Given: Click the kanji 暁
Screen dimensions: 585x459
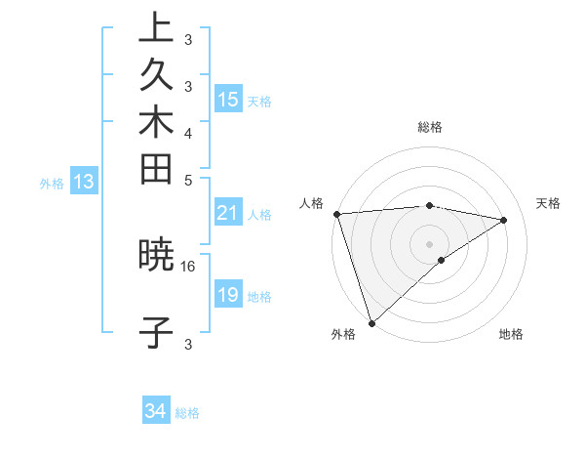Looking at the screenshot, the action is pyautogui.click(x=157, y=256).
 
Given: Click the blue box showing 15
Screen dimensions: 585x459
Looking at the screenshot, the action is pyautogui.click(x=228, y=99).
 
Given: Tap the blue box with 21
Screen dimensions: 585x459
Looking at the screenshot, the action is pyautogui.click(x=228, y=213).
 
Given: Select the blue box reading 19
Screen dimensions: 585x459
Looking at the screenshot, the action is pyautogui.click(x=228, y=295).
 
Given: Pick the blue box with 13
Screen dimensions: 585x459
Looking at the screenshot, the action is pyautogui.click(x=84, y=181).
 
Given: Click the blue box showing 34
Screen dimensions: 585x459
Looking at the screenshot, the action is pyautogui.click(x=156, y=411).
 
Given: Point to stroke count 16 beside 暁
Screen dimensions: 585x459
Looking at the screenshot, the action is pyautogui.click(x=188, y=266).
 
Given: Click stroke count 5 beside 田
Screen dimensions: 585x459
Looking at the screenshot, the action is pyautogui.click(x=188, y=180).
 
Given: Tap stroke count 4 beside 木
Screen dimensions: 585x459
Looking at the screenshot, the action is pyautogui.click(x=188, y=132).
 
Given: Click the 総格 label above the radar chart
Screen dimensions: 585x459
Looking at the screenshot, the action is pyautogui.click(x=430, y=127).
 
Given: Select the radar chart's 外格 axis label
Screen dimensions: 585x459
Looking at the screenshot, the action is pyautogui.click(x=343, y=334).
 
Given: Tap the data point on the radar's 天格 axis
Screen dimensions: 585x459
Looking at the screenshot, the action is pyautogui.click(x=504, y=220).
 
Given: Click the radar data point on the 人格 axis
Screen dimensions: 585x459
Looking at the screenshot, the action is pyautogui.click(x=336, y=214).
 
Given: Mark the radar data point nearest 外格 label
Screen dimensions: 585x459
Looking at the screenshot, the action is pyautogui.click(x=371, y=322).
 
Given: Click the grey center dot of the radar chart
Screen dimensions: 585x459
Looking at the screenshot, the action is pyautogui.click(x=430, y=243).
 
